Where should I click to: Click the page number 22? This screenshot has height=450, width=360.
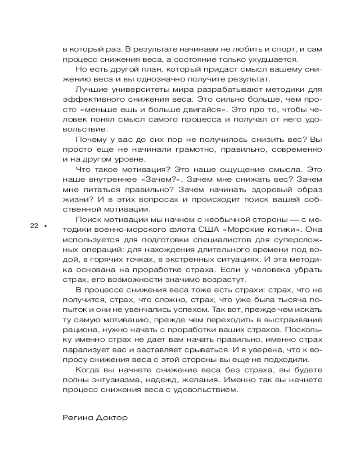(35, 226)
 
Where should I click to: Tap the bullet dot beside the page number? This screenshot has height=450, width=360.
(45, 226)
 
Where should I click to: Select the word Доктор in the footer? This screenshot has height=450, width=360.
(112, 418)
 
